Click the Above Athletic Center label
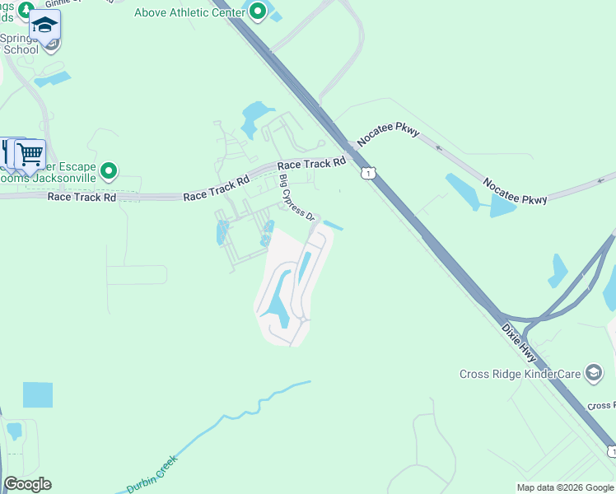[189, 12]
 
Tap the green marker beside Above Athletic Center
[258, 12]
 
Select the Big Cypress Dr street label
[297, 198]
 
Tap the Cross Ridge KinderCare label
[519, 374]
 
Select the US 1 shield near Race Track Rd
[367, 173]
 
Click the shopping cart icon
[30, 153]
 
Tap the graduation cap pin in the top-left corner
[45, 26]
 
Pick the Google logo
[27, 484]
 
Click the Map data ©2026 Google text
[565, 487]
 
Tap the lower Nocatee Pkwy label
[515, 193]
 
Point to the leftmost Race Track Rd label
[82, 197]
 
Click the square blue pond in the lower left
[37, 394]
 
